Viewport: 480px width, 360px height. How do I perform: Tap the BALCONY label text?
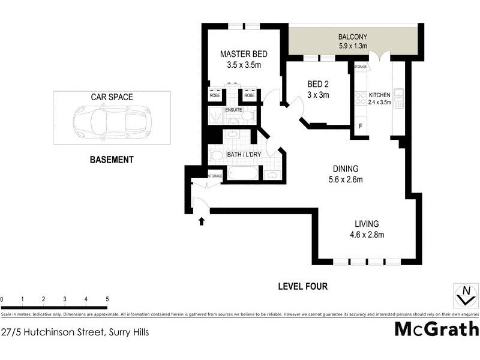click(352, 37)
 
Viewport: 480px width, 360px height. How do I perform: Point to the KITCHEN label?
click(379, 95)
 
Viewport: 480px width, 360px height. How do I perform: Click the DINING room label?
click(346, 169)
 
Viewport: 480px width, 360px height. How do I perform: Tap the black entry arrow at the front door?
click(202, 221)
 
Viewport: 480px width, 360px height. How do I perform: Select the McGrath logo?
click(436, 329)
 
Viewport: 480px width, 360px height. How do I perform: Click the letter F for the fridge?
click(360, 127)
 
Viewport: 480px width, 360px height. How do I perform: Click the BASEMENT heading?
click(112, 160)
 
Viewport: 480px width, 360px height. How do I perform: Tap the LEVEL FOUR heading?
click(302, 286)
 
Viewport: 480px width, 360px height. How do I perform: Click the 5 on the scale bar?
click(107, 299)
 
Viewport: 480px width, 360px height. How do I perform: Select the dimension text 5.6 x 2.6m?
click(346, 179)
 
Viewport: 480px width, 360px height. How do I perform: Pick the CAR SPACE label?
click(112, 97)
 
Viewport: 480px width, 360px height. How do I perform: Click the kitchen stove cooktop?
click(360, 98)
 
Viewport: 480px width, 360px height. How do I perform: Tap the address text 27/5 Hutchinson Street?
click(75, 331)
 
